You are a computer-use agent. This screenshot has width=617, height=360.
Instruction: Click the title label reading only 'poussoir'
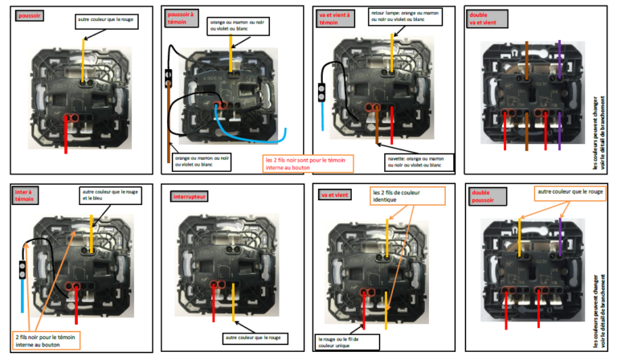pyautogui.click(x=31, y=15)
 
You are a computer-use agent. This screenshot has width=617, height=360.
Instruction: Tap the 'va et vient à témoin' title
pyautogui.click(x=333, y=18)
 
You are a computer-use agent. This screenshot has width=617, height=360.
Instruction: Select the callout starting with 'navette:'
pyautogui.click(x=402, y=161)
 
